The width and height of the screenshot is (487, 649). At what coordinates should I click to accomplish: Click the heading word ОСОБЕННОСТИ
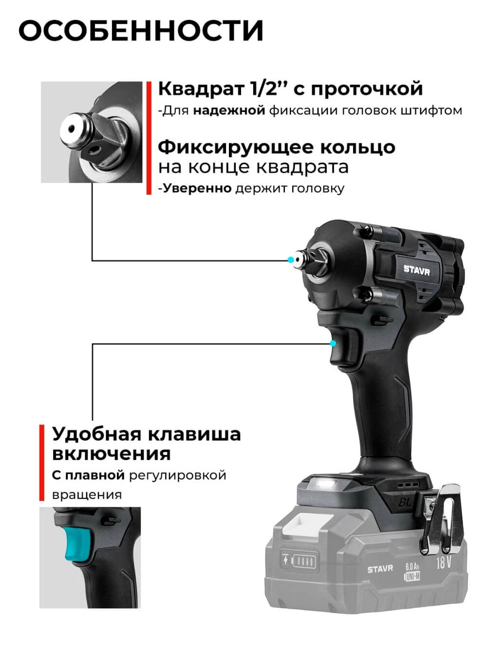(x=141, y=31)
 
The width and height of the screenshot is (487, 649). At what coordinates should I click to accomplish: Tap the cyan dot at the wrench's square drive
(x=291, y=260)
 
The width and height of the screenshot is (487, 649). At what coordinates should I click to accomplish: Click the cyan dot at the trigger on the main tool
(x=333, y=343)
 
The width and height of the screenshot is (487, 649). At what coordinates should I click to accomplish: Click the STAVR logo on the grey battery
(x=380, y=569)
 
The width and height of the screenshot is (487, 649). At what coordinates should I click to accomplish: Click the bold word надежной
(x=229, y=111)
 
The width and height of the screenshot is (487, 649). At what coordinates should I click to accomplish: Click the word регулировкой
(x=178, y=475)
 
